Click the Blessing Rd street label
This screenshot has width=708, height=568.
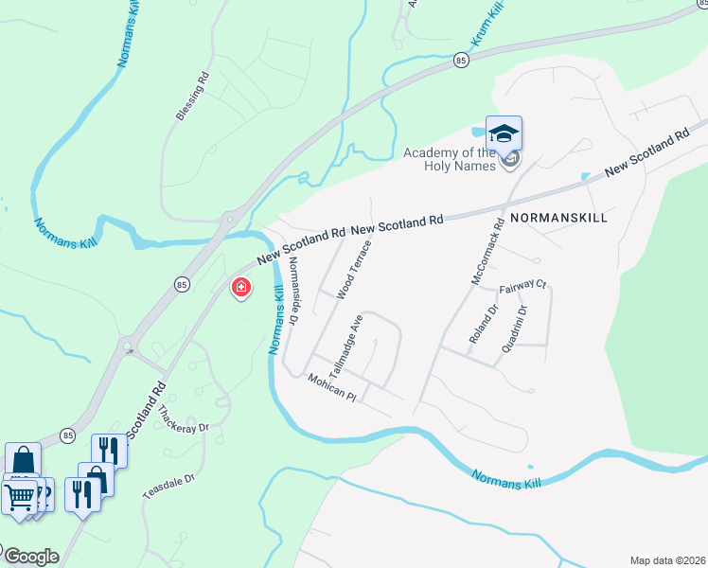[x=191, y=98]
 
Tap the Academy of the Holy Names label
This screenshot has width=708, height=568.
[x=450, y=159]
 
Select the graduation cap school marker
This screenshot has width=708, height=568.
[x=504, y=133]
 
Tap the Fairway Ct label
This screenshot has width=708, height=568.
[x=523, y=284]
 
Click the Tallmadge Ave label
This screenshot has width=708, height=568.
[x=347, y=344]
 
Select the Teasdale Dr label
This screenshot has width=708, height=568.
[x=168, y=488]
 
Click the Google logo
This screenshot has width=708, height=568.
[x=30, y=556]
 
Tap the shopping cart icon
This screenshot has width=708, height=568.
[x=19, y=495]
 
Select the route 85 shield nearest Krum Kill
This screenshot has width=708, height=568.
[x=461, y=60]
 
